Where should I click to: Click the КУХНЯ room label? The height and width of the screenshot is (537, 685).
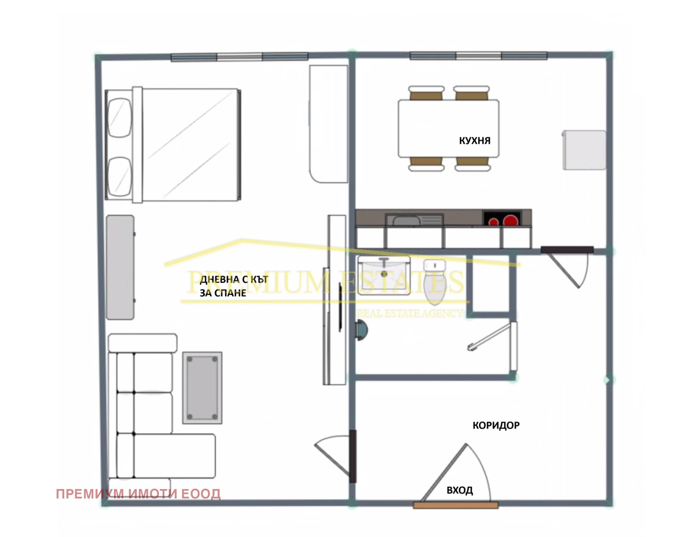tap(474, 140)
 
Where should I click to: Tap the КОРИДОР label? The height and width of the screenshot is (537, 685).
tap(496, 425)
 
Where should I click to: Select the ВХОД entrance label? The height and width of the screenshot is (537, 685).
tap(460, 490)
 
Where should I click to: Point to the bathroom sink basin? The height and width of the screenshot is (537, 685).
tap(384, 275)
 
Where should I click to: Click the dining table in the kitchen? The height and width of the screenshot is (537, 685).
tap(448, 128)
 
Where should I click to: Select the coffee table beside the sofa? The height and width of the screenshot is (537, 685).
tap(202, 388)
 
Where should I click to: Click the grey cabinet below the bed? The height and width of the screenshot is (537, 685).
tap(120, 267)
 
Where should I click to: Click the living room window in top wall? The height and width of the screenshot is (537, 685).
tap(239, 57)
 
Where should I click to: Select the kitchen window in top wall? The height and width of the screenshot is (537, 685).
tap(478, 56)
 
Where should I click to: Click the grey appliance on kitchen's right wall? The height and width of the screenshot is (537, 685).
tap(584, 150)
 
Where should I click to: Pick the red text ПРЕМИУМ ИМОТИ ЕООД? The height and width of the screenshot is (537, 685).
tap(138, 494)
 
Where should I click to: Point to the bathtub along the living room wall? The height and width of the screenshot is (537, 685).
tap(328, 124)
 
